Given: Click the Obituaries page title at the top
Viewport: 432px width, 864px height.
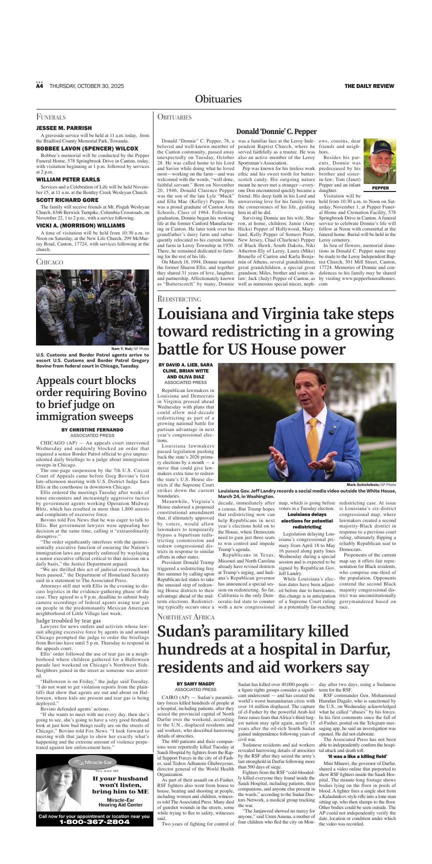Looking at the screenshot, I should click(218, 99).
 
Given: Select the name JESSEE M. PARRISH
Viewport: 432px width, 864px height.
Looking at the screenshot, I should click(64, 128).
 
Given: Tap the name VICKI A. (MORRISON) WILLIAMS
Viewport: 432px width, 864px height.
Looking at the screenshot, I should click(80, 225).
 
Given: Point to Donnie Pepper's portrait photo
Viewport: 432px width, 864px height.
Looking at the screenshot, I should click(379, 161).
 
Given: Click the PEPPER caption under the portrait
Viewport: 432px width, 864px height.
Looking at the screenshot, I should click(380, 188).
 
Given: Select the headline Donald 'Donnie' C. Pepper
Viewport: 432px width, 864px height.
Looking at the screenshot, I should click(276, 131).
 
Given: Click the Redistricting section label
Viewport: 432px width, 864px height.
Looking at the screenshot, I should click(179, 298).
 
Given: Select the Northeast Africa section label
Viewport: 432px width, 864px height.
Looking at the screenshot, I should click(186, 616).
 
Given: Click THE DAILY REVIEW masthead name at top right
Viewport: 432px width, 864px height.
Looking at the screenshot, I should click(369, 86).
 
